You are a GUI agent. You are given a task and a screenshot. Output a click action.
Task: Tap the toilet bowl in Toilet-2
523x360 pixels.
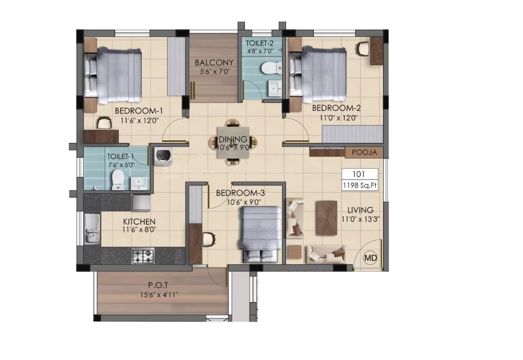[270, 68]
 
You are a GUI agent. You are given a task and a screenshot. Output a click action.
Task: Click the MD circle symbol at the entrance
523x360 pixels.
[370, 258]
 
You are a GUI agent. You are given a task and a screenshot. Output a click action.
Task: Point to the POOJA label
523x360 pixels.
[365, 152]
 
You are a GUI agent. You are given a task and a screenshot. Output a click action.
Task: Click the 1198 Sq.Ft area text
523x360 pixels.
[360, 186]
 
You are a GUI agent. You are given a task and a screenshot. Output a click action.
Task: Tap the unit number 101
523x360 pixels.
[358, 174]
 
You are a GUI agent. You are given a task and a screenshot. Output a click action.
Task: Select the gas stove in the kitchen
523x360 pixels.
[143, 256]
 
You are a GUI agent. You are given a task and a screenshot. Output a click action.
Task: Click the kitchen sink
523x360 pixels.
[92, 229]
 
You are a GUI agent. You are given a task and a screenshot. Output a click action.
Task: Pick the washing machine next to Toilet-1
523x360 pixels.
[163, 156]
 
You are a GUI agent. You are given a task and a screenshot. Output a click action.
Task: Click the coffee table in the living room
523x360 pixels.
[326, 218]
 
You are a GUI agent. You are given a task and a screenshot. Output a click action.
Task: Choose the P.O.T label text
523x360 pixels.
[158, 285]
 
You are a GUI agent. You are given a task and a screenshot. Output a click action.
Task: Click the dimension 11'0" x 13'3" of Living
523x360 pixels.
[360, 219]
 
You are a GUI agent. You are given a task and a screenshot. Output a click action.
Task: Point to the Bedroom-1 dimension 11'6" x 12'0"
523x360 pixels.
[139, 120]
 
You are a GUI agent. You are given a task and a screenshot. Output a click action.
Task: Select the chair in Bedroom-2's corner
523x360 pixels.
[363, 49]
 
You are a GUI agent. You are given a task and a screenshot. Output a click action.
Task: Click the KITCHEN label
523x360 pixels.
[139, 222]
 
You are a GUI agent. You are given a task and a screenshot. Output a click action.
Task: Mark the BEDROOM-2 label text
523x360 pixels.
[336, 108]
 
